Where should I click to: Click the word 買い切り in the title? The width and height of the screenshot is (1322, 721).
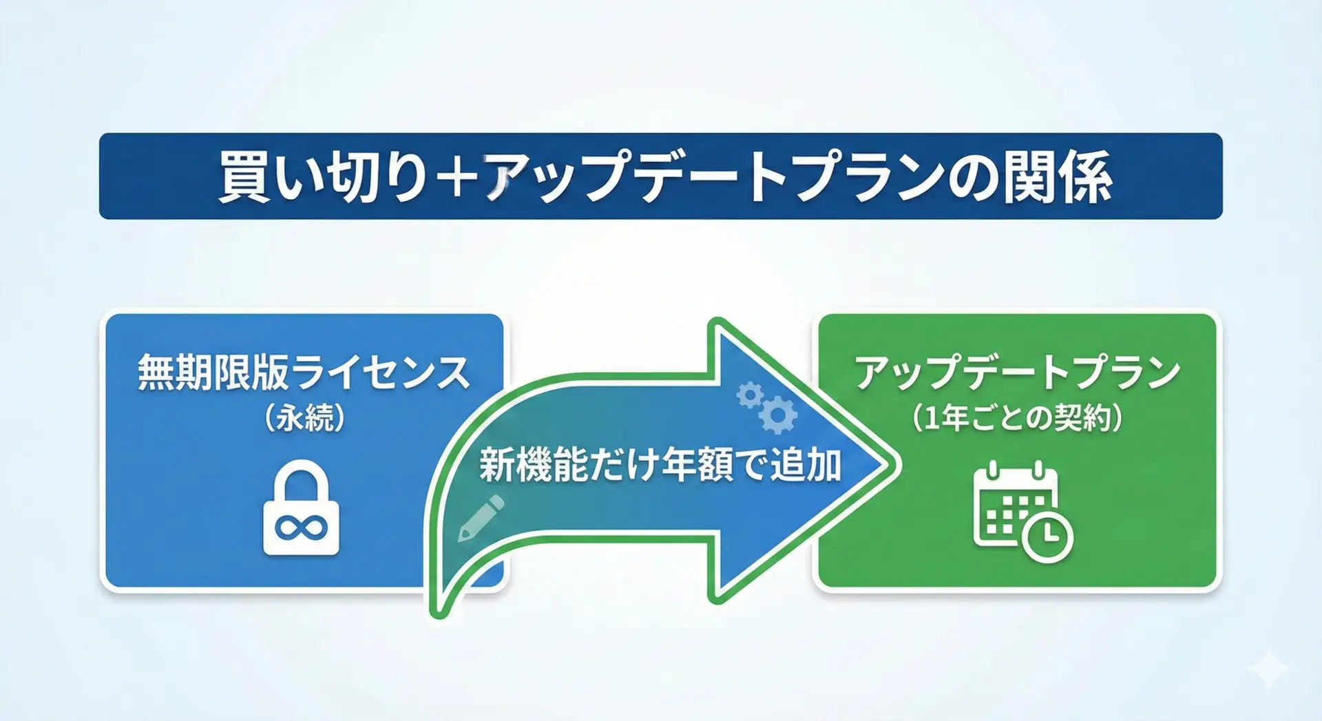(x=323, y=176)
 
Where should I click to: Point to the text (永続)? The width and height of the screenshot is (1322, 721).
(x=304, y=417)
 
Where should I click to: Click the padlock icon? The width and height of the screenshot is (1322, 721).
(x=302, y=508)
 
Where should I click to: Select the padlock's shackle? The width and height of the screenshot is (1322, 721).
(x=302, y=482)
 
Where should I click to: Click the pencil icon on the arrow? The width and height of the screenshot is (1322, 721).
(x=481, y=518)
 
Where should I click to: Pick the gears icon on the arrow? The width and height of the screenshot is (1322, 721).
(x=767, y=407)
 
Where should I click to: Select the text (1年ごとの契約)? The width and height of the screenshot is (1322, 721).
(x=1018, y=417)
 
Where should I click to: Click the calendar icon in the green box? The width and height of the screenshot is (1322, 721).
(x=1023, y=512)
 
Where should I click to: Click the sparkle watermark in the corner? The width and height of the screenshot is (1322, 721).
(x=1270, y=667)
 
